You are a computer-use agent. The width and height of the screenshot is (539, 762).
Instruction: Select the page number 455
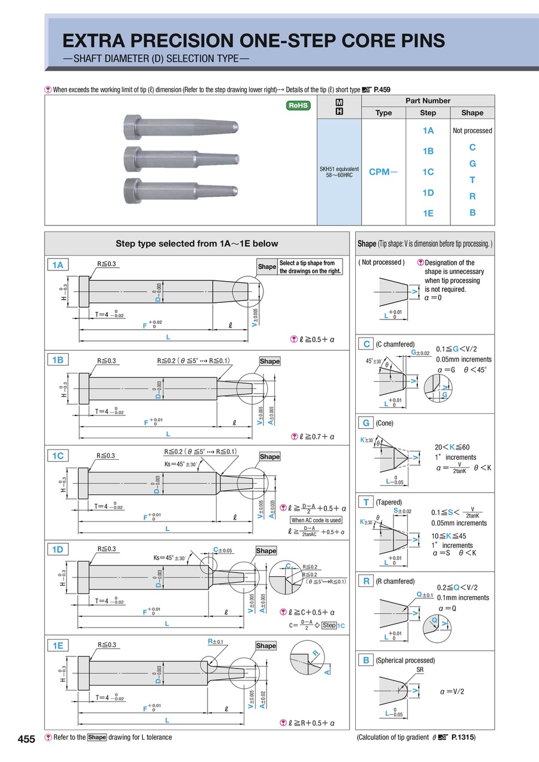click(26, 739)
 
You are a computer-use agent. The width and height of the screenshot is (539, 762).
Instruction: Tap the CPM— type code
click(383, 172)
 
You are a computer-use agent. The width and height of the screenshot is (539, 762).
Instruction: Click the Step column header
click(428, 113)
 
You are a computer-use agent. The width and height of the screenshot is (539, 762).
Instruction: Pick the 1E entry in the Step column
click(428, 213)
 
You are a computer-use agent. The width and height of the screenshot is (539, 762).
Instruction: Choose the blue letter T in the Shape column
click(473, 180)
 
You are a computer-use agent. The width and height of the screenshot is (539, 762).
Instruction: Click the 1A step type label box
click(58, 265)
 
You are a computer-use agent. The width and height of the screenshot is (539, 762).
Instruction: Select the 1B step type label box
click(58, 360)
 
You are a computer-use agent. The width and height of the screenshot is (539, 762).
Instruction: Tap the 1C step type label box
click(58, 456)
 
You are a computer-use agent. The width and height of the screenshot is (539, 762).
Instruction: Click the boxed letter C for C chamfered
click(365, 344)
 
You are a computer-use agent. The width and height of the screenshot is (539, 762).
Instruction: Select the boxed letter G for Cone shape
click(365, 423)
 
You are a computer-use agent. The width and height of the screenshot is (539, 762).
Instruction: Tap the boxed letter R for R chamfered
click(365, 581)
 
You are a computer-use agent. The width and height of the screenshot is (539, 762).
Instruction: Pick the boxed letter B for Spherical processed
click(365, 660)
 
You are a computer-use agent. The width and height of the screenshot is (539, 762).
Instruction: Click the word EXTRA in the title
click(99, 41)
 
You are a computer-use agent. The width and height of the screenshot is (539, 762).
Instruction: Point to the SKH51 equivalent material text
click(339, 169)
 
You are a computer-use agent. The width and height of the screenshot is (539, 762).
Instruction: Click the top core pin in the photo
click(182, 127)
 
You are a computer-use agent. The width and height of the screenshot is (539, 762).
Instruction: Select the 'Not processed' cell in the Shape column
click(473, 131)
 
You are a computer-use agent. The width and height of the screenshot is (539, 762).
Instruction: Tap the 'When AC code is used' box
click(316, 520)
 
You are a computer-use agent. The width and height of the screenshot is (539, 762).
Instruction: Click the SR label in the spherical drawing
click(419, 670)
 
